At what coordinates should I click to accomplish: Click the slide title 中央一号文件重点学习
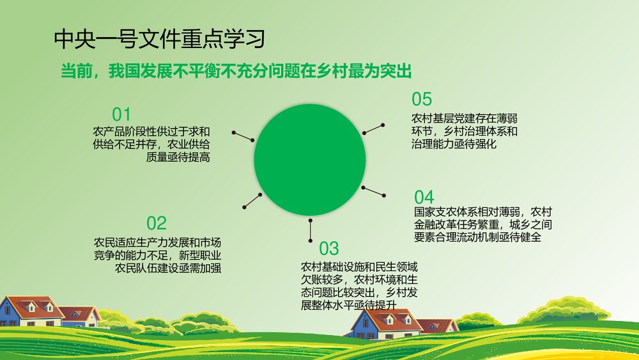pyautogui.click(x=159, y=40)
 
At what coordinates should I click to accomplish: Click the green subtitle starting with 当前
pyautogui.click(x=235, y=72)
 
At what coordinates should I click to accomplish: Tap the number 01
pyautogui.click(x=121, y=114)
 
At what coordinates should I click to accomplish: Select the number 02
pyautogui.click(x=156, y=223)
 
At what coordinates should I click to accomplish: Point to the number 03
pyautogui.click(x=328, y=248)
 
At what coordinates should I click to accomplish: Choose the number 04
pyautogui.click(x=424, y=196)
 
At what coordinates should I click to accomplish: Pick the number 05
pyautogui.click(x=422, y=99)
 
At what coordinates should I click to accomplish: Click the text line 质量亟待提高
pyautogui.click(x=178, y=157)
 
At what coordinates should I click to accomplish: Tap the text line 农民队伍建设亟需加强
pyautogui.click(x=168, y=268)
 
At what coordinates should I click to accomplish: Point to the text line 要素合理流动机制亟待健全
pyautogui.click(x=477, y=237)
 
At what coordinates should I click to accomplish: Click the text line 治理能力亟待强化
pyautogui.click(x=454, y=144)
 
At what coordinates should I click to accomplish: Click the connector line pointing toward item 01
pyautogui.click(x=243, y=136)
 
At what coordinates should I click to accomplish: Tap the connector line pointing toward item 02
pyautogui.click(x=252, y=200)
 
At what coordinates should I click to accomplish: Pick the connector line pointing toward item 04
pyautogui.click(x=373, y=191)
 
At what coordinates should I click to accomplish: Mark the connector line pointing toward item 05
pyautogui.click(x=373, y=129)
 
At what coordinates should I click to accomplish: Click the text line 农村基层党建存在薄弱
pyautogui.click(x=464, y=118)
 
